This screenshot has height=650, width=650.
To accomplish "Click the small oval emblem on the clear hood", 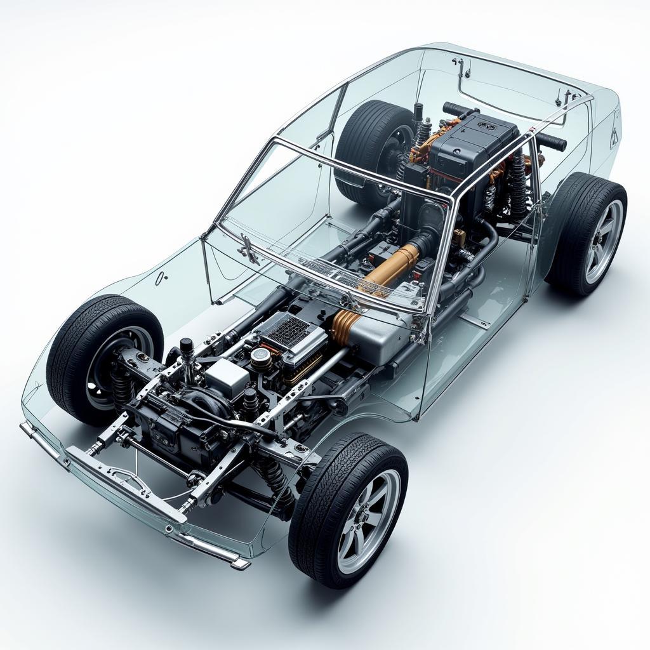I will point(162,276).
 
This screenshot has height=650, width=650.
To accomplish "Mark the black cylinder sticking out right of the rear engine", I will point(550,142).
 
